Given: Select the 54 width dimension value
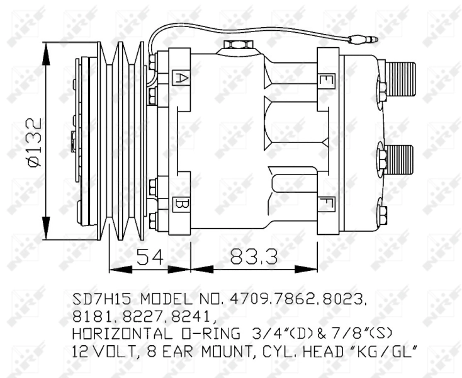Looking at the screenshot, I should (150, 256).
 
